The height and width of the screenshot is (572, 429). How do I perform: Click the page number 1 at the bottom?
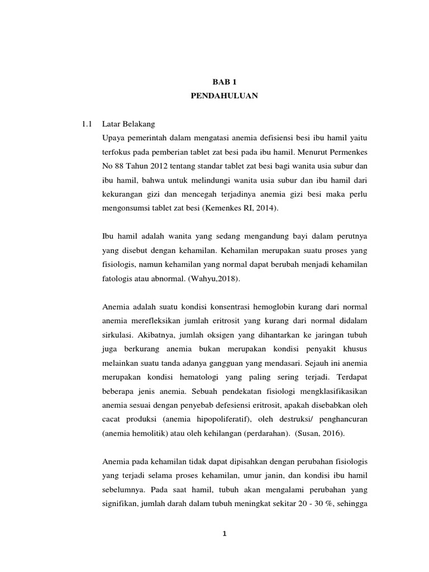click(223, 534)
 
